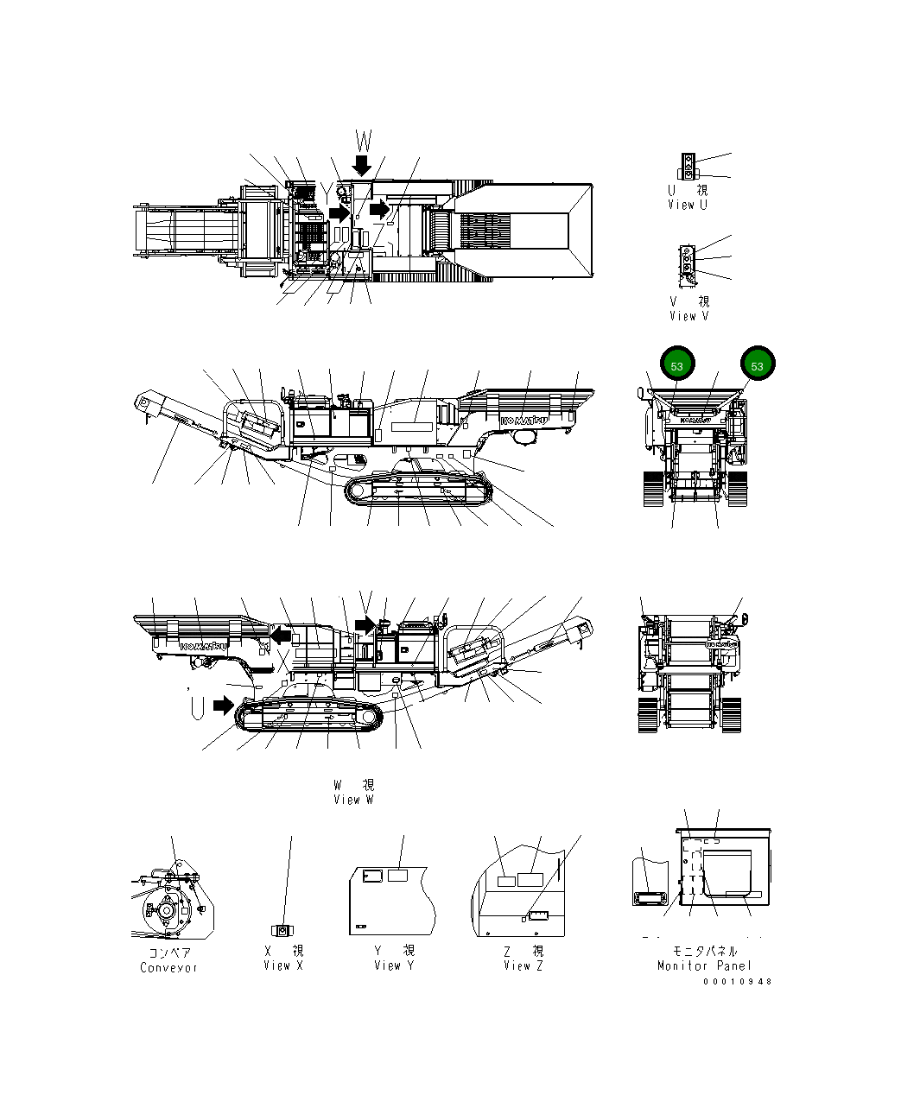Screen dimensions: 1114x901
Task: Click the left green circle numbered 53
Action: click(x=676, y=365)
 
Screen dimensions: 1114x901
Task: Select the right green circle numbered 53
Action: click(x=758, y=365)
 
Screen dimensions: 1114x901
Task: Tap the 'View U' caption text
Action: click(x=688, y=205)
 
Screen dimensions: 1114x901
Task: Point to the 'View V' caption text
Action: click(x=689, y=316)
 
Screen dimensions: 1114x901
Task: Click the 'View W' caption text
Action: click(x=353, y=800)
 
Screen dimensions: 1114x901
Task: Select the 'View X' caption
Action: click(x=283, y=965)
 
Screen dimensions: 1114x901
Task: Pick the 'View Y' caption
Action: click(x=394, y=965)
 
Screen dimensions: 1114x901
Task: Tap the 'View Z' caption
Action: click(x=523, y=965)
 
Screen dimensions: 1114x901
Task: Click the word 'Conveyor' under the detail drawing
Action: click(x=169, y=967)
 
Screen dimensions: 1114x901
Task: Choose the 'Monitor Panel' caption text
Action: click(x=704, y=965)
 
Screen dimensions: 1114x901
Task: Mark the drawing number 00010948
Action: click(x=737, y=981)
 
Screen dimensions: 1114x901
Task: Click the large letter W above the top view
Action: click(x=364, y=141)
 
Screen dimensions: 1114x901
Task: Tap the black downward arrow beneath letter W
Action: click(x=362, y=165)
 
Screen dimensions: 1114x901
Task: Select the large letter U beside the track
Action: click(x=197, y=707)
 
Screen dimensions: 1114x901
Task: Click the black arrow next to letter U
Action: click(x=224, y=706)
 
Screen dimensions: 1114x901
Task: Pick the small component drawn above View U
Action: click(x=688, y=166)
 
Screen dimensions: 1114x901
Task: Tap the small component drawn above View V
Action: click(x=688, y=262)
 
